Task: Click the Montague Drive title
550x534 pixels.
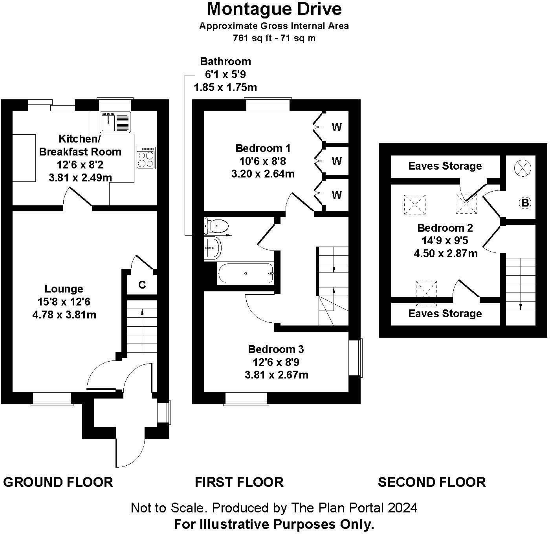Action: [274, 9]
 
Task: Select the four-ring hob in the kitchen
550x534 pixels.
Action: [146, 158]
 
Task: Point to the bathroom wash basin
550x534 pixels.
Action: [213, 248]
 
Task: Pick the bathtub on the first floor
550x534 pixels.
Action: [246, 273]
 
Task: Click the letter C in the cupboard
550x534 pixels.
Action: [142, 285]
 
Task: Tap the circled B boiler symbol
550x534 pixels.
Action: [525, 203]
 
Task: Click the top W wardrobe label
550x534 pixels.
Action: [337, 127]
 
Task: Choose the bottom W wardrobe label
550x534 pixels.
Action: [337, 195]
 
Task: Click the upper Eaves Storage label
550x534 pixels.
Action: [445, 166]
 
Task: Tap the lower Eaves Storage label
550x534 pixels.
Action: [445, 313]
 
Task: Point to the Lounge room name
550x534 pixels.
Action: [64, 289]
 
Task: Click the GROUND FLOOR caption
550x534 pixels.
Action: [58, 482]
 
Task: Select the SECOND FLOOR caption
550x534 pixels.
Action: [432, 482]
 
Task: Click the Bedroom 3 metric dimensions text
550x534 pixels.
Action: [276, 375]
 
